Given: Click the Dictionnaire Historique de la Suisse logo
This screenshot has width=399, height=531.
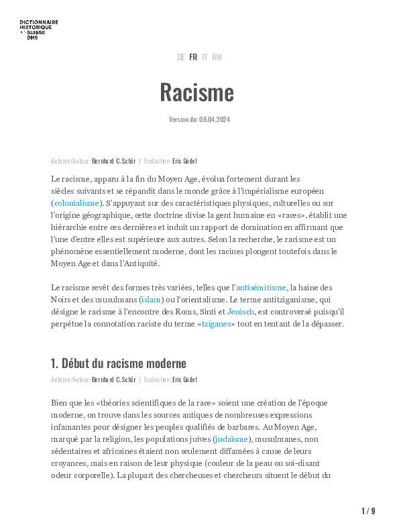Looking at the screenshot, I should coord(39,29).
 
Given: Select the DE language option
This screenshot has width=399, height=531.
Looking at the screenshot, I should coord(181,58).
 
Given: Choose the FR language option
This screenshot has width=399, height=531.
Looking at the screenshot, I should coord(193,58).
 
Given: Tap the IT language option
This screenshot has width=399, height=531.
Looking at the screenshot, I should coord(205,58).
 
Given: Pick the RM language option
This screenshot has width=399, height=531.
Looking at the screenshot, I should coord(217,58).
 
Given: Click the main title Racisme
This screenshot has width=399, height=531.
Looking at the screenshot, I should coord(196,92).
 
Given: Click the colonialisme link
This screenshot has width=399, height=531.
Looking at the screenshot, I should coord(76,202).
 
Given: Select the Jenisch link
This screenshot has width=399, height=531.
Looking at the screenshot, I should coord(241,312).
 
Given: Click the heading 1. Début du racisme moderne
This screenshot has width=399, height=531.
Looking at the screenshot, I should coord(118,364).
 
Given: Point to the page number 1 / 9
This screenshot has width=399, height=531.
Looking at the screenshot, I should coord(368,511).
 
